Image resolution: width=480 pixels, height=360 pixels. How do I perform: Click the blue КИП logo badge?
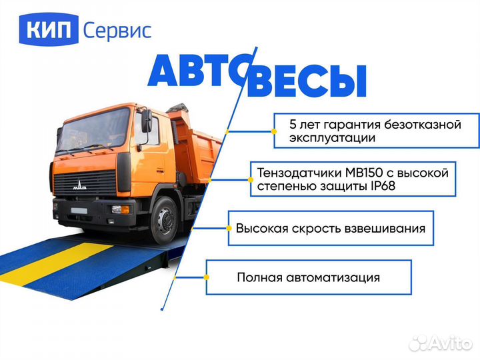click(x=51, y=29)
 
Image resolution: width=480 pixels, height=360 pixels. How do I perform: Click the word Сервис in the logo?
click(x=117, y=30)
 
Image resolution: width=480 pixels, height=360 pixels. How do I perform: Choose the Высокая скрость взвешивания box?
click(x=330, y=228)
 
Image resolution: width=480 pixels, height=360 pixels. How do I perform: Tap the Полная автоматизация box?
click(x=308, y=277)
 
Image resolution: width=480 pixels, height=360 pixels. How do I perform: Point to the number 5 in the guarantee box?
click(x=293, y=125)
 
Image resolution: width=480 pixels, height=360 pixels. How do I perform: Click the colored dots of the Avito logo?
click(x=418, y=343)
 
